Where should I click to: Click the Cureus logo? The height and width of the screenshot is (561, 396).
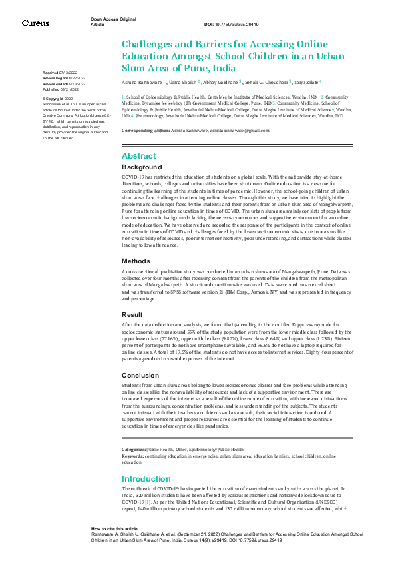35,23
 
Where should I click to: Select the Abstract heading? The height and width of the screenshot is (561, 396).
139,155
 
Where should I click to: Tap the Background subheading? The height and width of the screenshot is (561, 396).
142,167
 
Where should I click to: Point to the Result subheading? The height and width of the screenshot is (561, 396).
132,314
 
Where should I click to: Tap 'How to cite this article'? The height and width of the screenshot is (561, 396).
114,527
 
